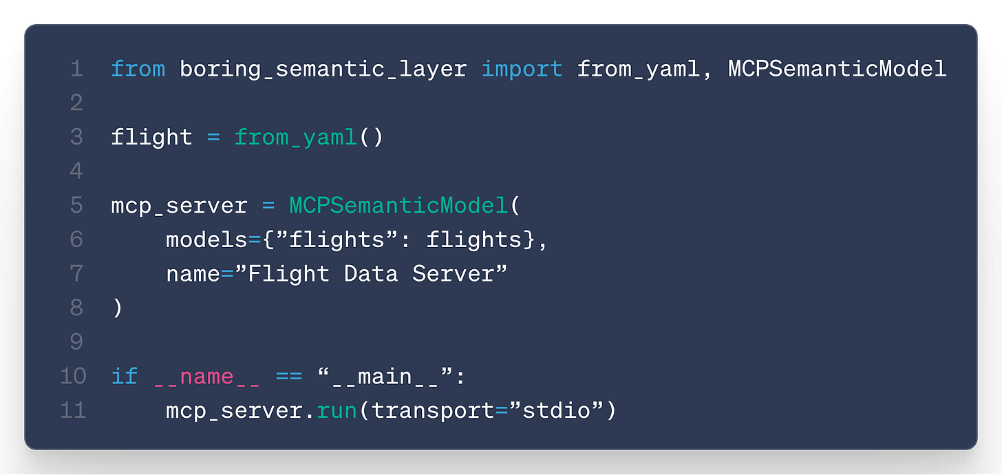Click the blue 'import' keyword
point(522,68)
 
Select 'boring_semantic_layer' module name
point(323,68)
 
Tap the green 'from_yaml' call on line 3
point(295,137)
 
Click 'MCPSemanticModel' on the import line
point(837,68)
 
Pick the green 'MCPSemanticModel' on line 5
point(398,206)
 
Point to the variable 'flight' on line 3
point(151,137)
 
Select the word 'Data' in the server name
point(371,274)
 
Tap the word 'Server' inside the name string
point(453,274)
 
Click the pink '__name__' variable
point(207,377)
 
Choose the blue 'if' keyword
point(124,377)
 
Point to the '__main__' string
point(392,377)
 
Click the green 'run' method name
point(337,411)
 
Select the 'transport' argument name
point(433,411)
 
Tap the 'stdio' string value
point(556,411)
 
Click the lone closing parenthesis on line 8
point(117,308)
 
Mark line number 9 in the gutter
point(76,342)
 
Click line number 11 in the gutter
point(73,411)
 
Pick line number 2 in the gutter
point(76,103)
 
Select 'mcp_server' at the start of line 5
point(179,206)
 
